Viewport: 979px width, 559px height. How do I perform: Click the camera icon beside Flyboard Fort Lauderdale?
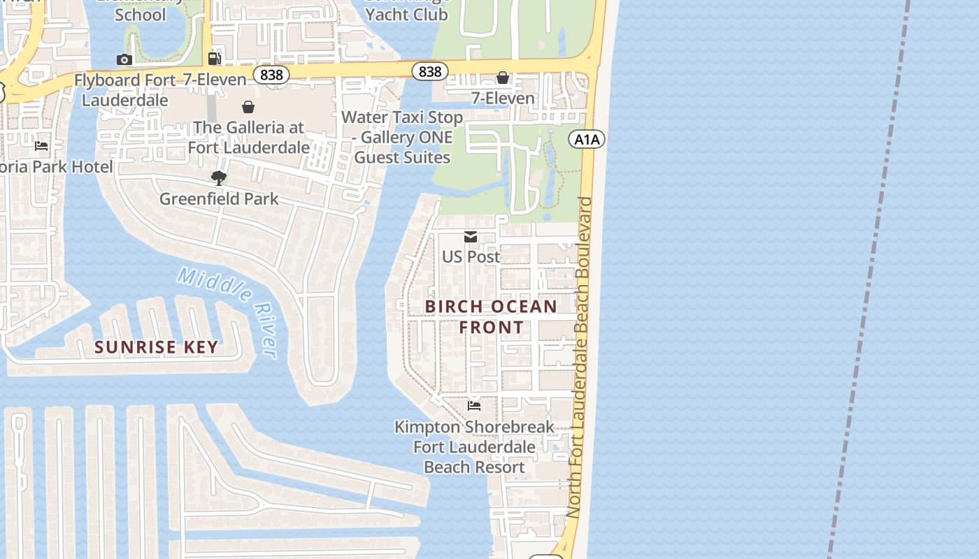point(124,60)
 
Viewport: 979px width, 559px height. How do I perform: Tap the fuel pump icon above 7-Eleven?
point(215,59)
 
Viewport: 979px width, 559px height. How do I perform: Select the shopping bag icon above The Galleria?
point(248,107)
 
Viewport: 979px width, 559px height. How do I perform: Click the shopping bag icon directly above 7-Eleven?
point(503,78)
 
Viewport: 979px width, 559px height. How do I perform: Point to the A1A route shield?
point(587,140)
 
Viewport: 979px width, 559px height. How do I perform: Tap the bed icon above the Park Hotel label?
point(41,146)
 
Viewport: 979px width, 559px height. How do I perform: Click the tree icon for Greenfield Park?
point(219,178)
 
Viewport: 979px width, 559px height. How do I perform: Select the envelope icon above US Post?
point(471,238)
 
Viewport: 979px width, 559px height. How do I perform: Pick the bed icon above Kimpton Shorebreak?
point(474,406)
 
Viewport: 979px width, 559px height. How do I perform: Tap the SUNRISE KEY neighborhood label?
point(157,347)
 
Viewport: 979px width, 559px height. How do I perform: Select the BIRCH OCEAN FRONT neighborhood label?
point(491,317)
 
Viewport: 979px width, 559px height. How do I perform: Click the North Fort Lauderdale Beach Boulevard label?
point(580,356)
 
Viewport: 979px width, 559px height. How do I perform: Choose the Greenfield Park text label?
point(219,199)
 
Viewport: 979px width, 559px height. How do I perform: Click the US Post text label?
point(471,257)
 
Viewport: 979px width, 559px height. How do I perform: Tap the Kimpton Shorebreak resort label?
point(474,447)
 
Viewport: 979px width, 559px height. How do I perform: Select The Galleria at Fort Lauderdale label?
point(249,138)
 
